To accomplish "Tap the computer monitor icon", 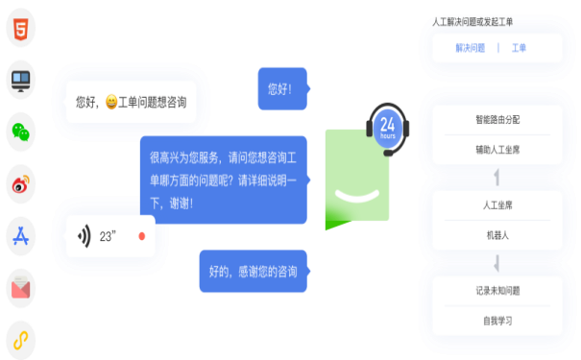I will (20, 83).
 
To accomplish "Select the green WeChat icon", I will (20, 132).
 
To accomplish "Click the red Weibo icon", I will (20, 182).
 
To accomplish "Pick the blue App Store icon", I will (20, 234).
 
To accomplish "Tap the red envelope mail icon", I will (20, 284).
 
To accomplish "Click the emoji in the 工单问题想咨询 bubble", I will (111, 102).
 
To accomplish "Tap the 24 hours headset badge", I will (388, 126).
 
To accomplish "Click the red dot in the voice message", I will (141, 234).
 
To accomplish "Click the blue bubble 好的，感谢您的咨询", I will (253, 272).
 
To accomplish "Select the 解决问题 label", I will (471, 48).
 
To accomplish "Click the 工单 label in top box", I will (519, 48).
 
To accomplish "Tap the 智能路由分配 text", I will (496, 121).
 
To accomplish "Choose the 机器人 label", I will (496, 234).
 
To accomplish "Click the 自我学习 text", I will (496, 320).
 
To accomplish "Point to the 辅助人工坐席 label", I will (496, 150).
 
